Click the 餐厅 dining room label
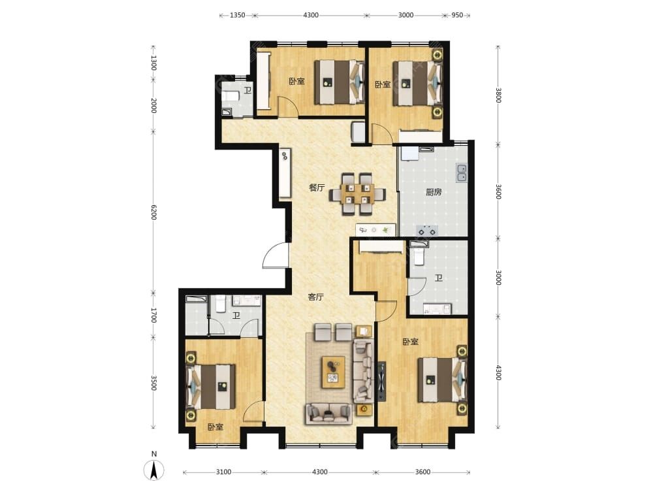tap(317, 188)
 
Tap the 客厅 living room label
tap(315, 297)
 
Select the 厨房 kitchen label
tap(434, 192)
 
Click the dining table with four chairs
tap(357, 194)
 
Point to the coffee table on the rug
tap(333, 372)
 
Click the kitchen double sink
tap(462, 173)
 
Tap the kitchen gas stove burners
tap(427, 230)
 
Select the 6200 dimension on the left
tap(153, 212)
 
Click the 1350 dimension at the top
tap(238, 16)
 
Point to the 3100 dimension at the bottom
tap(223, 472)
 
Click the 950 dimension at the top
tap(457, 16)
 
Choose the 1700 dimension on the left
tap(153, 316)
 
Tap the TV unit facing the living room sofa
tap(381, 382)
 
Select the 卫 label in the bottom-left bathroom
tap(236, 316)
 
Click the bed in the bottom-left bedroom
tap(211, 387)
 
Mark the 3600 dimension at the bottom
tap(422, 472)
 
